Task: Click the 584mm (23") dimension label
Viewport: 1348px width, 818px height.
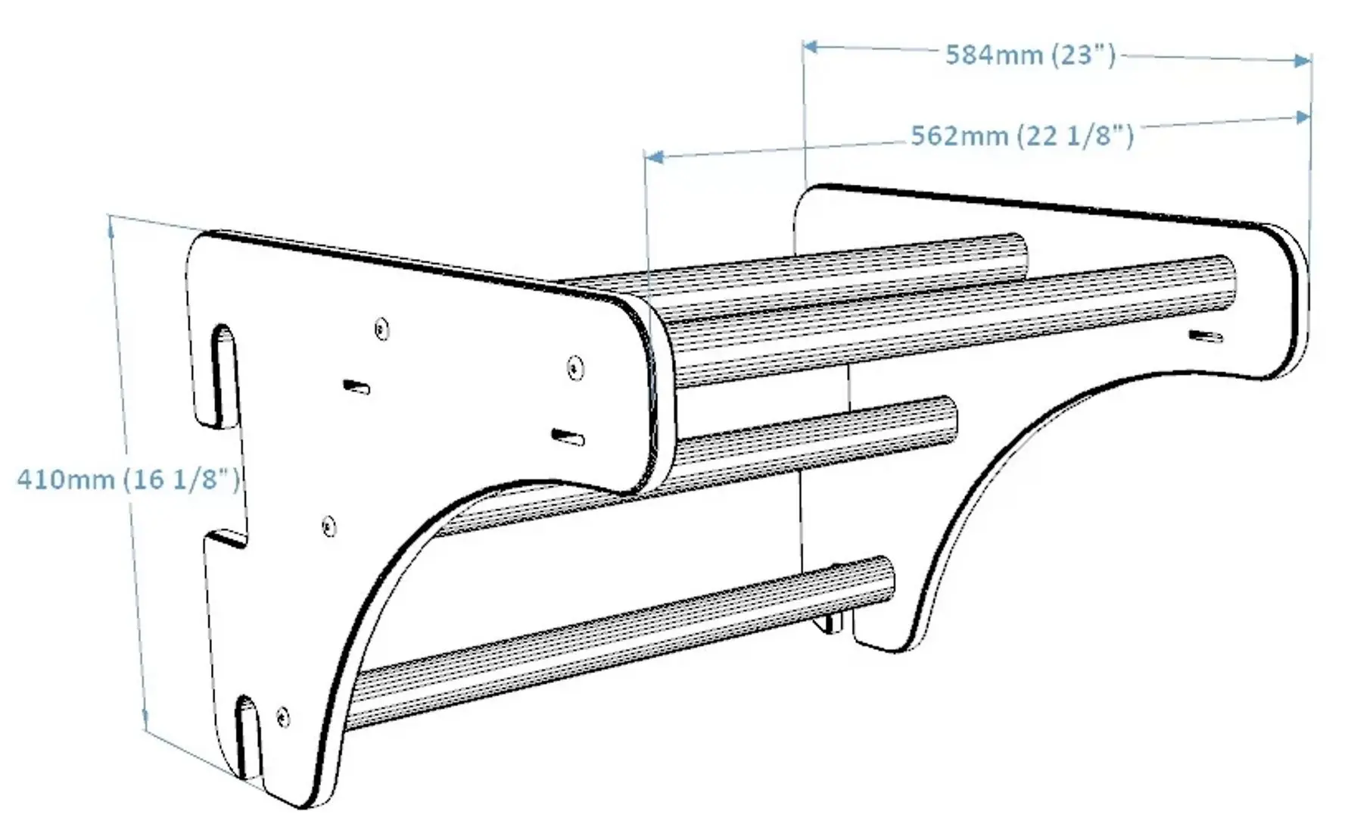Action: tap(1029, 55)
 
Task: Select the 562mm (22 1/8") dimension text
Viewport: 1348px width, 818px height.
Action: tap(1021, 136)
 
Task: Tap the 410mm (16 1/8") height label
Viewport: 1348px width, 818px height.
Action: tap(127, 479)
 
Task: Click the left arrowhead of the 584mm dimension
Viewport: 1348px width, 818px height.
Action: tap(811, 47)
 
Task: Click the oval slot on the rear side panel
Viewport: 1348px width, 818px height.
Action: tap(1204, 336)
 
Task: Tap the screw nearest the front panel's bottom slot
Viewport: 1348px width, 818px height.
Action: tap(283, 715)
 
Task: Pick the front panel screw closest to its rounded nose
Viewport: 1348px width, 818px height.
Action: tap(576, 369)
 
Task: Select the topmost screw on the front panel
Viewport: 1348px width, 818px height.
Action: tap(382, 329)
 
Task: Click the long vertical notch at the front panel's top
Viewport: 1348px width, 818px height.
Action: tap(223, 375)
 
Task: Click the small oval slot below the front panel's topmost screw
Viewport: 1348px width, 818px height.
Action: tap(356, 388)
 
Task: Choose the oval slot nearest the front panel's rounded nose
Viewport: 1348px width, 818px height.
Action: tap(568, 437)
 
